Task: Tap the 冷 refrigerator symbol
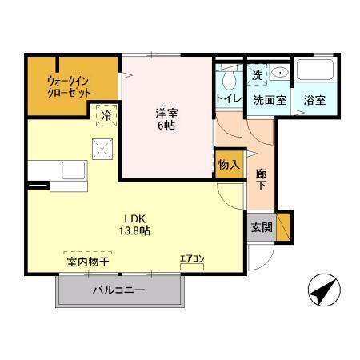(106, 115)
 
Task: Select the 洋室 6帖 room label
(166, 119)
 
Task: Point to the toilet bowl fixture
(228, 78)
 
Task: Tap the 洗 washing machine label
(257, 74)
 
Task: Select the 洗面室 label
(268, 100)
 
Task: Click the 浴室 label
(314, 100)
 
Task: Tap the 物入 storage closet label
(228, 165)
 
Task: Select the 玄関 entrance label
(261, 226)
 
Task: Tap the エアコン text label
(192, 258)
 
